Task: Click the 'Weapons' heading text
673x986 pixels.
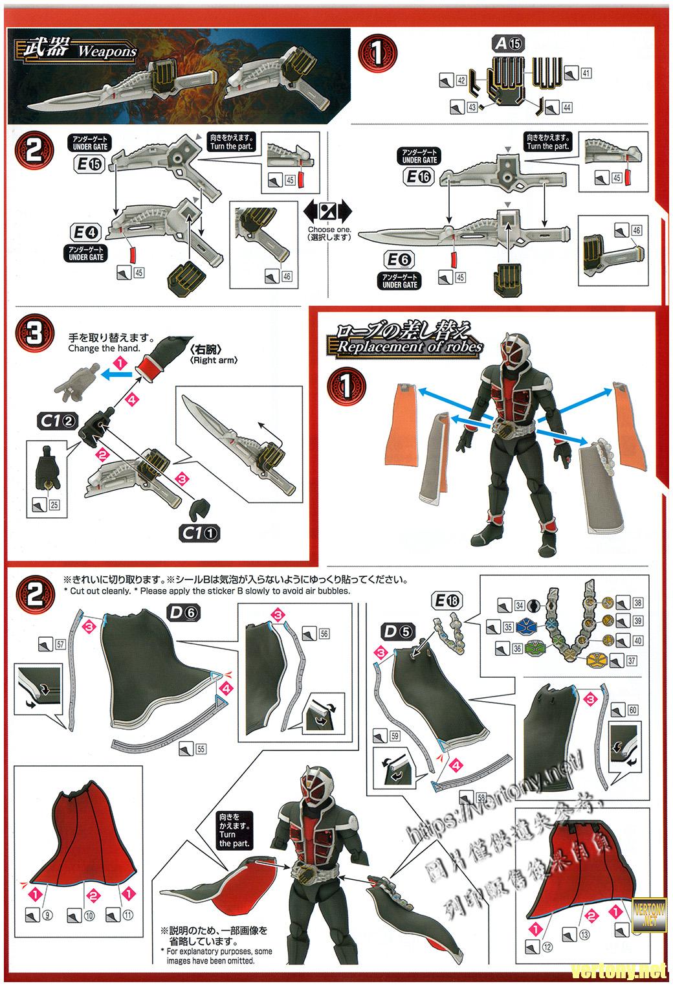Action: click(107, 50)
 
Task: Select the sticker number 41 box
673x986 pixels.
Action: click(586, 74)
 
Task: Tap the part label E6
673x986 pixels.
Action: click(400, 260)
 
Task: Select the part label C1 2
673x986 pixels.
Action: click(58, 421)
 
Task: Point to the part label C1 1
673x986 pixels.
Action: click(200, 533)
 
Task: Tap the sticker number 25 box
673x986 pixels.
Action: click(54, 505)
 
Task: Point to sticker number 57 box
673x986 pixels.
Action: click(60, 644)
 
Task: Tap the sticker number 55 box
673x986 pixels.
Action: click(200, 748)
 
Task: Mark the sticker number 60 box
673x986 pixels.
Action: click(632, 710)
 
